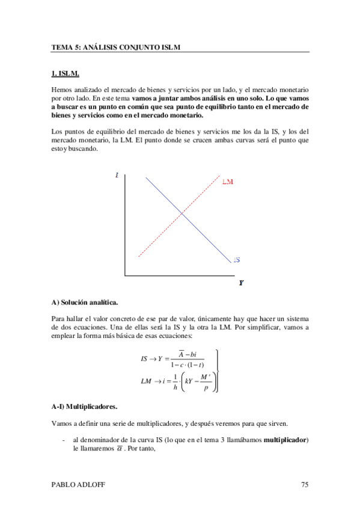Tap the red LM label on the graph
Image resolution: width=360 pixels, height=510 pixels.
(228, 182)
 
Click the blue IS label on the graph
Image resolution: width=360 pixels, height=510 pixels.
(237, 260)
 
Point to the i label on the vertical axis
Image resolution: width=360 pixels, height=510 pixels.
(116, 176)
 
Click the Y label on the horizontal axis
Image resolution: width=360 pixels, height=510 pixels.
(240, 283)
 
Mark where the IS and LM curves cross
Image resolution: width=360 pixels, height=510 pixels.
(182, 214)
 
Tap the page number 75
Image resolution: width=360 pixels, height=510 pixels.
(305, 485)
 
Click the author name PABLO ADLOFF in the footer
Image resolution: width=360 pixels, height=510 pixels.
(76, 485)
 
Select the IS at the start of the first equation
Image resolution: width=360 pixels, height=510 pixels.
(144, 359)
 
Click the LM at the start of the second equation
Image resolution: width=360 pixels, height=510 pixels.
(145, 381)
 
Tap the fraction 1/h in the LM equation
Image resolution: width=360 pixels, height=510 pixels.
(175, 382)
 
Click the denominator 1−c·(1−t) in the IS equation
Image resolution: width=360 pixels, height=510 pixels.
(187, 365)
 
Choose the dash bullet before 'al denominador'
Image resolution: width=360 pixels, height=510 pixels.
(64, 440)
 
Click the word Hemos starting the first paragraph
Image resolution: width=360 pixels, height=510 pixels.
(62, 90)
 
